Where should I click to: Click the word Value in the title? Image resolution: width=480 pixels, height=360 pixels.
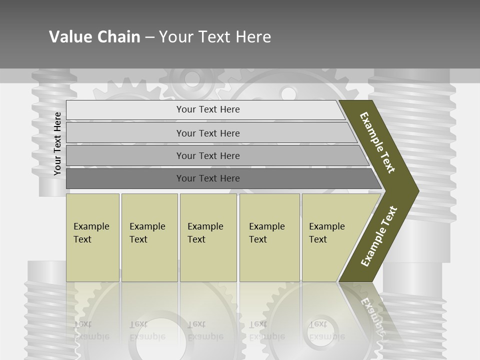point(69,37)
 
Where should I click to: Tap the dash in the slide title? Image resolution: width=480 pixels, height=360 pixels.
point(149,37)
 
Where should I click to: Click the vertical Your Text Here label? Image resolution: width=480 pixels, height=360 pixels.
point(57,144)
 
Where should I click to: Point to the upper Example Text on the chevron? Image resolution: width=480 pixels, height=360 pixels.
point(377,142)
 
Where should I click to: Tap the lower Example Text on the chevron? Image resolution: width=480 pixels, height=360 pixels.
point(379,236)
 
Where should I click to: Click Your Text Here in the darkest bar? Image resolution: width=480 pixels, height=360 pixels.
point(208,178)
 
